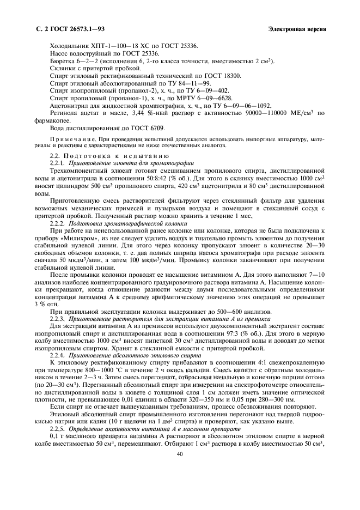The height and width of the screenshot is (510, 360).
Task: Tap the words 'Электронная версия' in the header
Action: click(x=297, y=28)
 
